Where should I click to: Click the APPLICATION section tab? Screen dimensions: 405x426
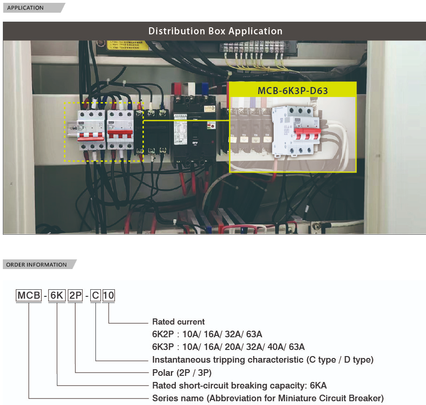(25, 8)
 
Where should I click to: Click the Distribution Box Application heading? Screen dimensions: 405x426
(215, 31)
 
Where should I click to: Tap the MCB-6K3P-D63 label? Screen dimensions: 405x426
(292, 90)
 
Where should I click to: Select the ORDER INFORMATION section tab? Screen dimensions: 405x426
(37, 264)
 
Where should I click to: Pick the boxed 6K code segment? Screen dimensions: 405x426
(57, 296)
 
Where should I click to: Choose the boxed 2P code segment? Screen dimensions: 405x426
(75, 296)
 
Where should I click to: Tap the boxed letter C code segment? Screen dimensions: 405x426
(95, 296)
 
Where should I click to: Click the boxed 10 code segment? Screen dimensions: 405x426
(109, 296)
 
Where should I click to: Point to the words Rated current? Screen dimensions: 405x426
(178, 322)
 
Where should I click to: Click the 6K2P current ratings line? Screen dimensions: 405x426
(207, 334)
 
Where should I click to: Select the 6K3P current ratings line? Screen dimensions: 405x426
(228, 347)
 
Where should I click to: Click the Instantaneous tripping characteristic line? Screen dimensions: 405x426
(262, 360)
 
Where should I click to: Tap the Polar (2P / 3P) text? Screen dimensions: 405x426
(181, 373)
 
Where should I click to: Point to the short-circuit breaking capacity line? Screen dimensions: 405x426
(239, 386)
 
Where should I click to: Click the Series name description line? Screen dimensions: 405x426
(268, 398)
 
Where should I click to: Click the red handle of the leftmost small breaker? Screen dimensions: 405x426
(90, 136)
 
